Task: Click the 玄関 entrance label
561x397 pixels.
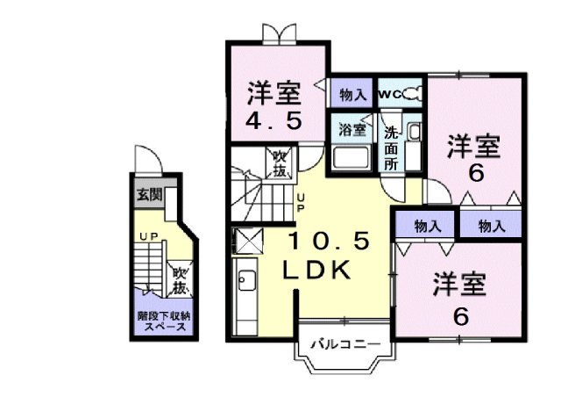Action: (x=148, y=194)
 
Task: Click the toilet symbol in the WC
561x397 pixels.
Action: (x=413, y=92)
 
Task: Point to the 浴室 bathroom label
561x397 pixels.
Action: (x=352, y=128)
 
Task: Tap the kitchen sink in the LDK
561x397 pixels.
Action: (x=245, y=283)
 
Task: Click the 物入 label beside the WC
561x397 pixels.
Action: (x=353, y=93)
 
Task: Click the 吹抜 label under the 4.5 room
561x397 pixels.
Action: (x=280, y=163)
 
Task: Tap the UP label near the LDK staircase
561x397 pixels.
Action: (x=300, y=203)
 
